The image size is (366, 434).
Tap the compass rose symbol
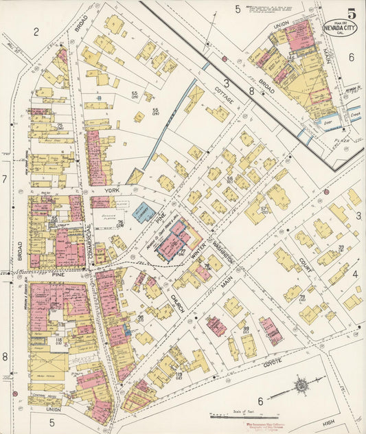[x=302, y=387]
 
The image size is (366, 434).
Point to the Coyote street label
[x=255, y=366]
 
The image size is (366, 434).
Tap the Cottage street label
[x=225, y=97]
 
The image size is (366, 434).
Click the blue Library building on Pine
[x=144, y=212]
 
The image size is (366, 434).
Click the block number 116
[x=59, y=340]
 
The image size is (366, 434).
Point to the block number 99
[x=245, y=330]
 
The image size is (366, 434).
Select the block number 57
[x=264, y=209]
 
